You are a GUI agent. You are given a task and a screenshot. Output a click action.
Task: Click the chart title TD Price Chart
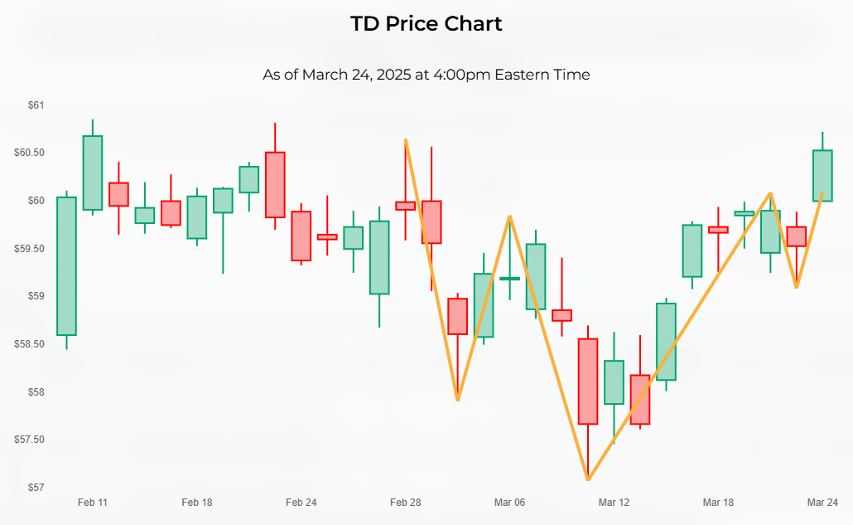(x=426, y=23)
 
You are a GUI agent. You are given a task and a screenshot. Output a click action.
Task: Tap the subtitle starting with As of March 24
(x=426, y=75)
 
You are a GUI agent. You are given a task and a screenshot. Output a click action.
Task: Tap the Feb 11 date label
(x=92, y=503)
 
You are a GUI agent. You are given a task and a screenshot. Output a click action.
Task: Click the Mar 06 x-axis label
(x=509, y=503)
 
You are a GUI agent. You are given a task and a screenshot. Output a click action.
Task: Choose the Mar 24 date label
(x=822, y=503)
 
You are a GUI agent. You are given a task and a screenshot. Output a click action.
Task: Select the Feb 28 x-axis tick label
(x=405, y=503)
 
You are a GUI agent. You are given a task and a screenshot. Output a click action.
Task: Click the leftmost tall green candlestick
(x=66, y=266)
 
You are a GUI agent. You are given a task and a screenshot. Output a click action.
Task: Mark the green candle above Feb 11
(x=92, y=173)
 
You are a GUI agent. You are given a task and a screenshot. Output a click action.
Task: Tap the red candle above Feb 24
(x=301, y=236)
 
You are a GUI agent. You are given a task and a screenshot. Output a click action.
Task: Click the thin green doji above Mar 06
(x=509, y=279)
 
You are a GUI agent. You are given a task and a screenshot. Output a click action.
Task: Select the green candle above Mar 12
(x=614, y=382)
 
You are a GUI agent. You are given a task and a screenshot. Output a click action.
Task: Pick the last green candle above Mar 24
(x=822, y=176)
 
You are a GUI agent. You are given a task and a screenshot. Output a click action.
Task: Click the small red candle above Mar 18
(x=718, y=230)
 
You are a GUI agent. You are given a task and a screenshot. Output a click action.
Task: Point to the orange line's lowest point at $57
(x=588, y=479)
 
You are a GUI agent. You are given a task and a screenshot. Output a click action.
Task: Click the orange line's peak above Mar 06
(x=509, y=216)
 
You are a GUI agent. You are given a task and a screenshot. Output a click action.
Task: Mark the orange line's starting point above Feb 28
(x=405, y=139)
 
